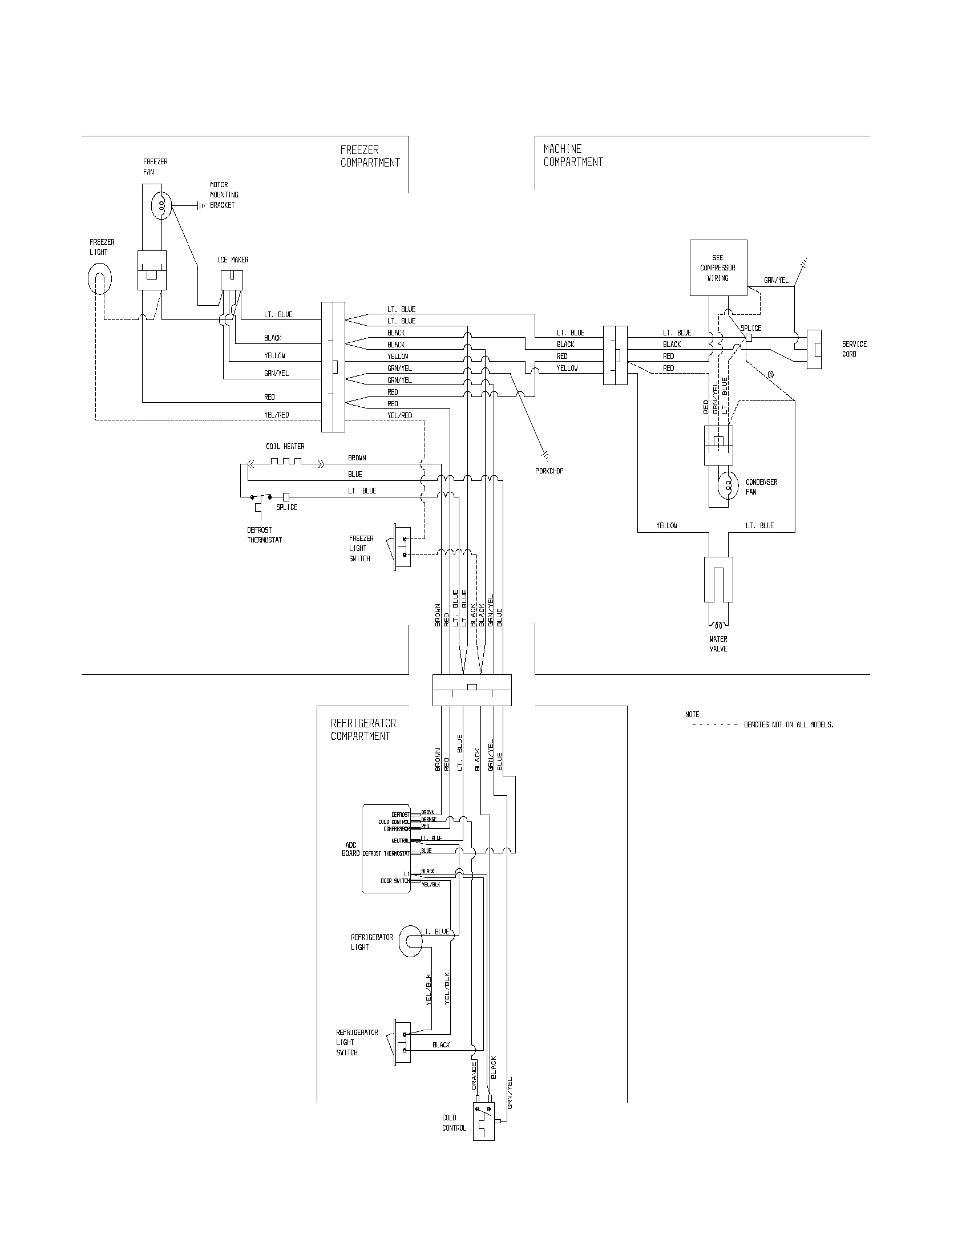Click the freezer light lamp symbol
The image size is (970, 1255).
click(99, 280)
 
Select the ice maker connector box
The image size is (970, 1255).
click(232, 281)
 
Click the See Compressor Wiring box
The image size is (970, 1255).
click(718, 268)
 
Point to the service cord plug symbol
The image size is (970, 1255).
click(814, 349)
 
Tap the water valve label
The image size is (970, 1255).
click(718, 643)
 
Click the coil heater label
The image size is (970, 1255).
click(285, 446)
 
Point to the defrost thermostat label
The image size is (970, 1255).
click(264, 535)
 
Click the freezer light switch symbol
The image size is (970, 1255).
click(402, 546)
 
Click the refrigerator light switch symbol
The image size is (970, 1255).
click(402, 1042)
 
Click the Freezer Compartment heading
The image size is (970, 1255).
click(370, 156)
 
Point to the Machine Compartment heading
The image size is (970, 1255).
click(573, 156)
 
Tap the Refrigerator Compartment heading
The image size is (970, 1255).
click(362, 729)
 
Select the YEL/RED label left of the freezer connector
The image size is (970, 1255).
click(276, 414)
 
